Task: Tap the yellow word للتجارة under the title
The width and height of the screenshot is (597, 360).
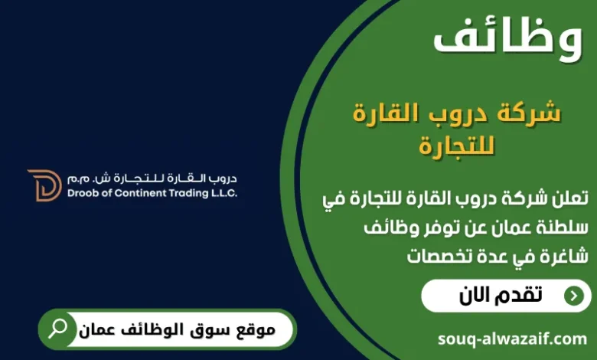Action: (x=457, y=145)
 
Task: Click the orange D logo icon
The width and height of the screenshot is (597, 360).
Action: (x=44, y=185)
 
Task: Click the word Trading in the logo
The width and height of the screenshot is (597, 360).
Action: (x=182, y=193)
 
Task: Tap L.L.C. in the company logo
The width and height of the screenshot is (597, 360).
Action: (x=221, y=193)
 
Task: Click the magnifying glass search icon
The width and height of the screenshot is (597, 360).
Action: (x=58, y=329)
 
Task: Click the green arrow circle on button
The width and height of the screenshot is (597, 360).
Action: (x=573, y=296)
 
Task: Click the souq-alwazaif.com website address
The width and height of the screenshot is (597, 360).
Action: (x=513, y=338)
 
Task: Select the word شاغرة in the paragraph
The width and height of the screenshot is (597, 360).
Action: (x=562, y=255)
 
